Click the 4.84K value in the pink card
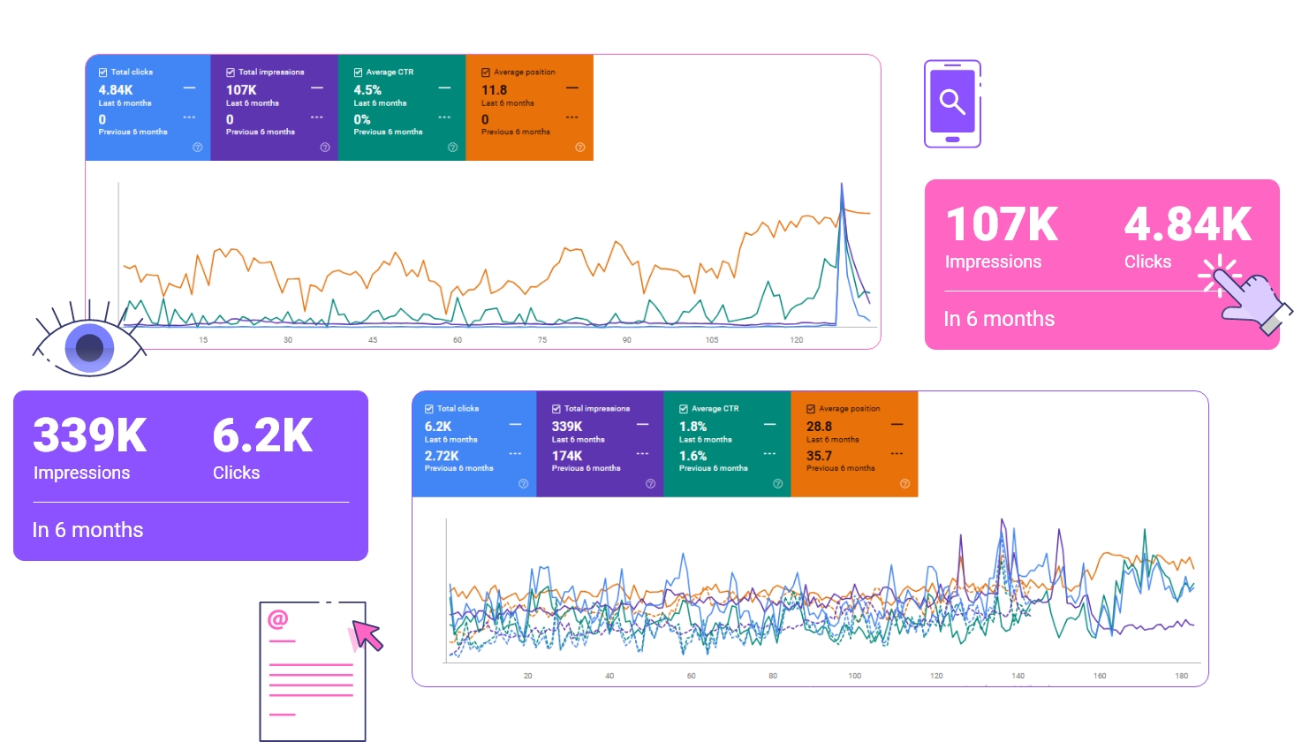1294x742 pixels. pos(1187,224)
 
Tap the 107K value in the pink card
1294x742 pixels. pos(1002,224)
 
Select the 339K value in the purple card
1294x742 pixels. pos(90,435)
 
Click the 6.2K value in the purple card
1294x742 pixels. pos(262,435)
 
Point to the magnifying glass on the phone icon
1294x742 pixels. pos(952,102)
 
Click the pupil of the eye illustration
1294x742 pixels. pos(89,347)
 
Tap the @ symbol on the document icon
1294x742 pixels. pos(278,619)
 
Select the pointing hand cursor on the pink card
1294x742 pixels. pos(1250,300)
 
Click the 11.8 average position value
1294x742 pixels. pos(494,90)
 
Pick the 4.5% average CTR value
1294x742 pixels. pos(367,90)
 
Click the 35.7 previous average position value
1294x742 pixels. pos(819,457)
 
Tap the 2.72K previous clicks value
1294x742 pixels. pos(442,457)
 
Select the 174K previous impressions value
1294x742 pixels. pos(567,457)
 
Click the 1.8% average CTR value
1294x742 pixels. pos(692,427)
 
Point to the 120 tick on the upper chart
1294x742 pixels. pos(797,340)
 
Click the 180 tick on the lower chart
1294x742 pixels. pos(1181,676)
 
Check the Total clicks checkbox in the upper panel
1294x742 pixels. pos(102,72)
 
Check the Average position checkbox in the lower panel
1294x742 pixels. pos(811,409)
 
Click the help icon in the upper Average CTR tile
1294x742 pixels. pos(452,148)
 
